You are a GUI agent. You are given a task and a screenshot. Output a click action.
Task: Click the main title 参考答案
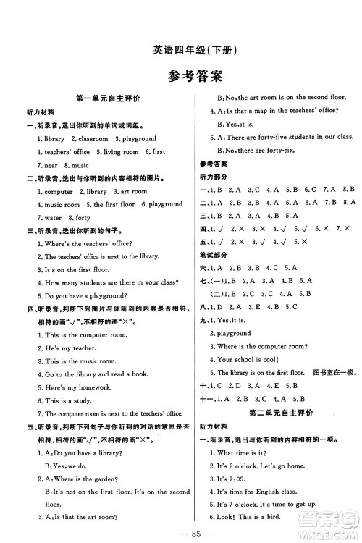(181, 75)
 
